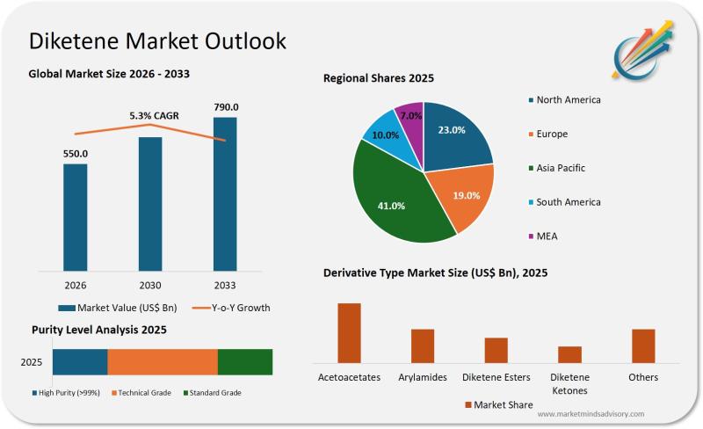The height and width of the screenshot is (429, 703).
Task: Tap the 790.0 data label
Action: click(226, 108)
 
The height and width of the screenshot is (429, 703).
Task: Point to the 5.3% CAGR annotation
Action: click(154, 115)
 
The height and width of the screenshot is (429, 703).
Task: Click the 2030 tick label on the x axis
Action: click(150, 285)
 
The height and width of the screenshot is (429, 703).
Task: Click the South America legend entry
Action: click(568, 202)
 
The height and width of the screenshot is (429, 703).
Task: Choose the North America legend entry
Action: click(568, 100)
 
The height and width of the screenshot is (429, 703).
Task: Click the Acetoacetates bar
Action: click(349, 332)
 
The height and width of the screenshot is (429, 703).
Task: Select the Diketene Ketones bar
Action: click(570, 354)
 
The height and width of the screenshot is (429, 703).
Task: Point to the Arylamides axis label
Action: click(423, 377)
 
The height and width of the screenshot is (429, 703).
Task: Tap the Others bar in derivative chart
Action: click(643, 345)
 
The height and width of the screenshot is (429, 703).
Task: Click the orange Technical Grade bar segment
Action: click(163, 362)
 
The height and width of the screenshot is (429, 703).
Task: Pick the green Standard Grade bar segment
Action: click(245, 362)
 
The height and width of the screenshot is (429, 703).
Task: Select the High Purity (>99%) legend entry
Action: click(67, 393)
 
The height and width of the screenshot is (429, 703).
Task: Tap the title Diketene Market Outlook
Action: click(157, 41)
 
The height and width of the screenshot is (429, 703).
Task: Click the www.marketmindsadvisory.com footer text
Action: click(591, 414)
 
